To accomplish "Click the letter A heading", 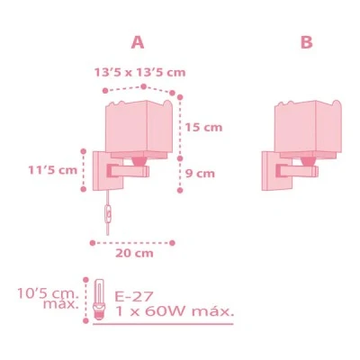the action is click(x=138, y=42).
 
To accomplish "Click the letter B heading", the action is click(x=306, y=42).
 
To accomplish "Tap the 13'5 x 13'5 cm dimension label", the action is click(x=139, y=72).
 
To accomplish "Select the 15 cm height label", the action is click(x=203, y=128).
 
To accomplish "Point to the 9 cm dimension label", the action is click(x=200, y=174).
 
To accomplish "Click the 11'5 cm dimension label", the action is click(x=53, y=170).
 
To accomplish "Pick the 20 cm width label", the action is click(x=134, y=253).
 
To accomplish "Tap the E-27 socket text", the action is click(x=134, y=296).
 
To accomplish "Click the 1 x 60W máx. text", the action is click(x=175, y=311).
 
